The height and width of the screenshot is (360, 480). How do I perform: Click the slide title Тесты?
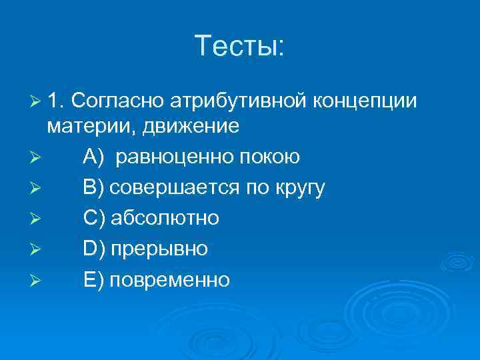pyautogui.click(x=240, y=46)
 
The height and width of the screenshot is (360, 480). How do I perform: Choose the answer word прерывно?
pyautogui.click(x=159, y=250)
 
